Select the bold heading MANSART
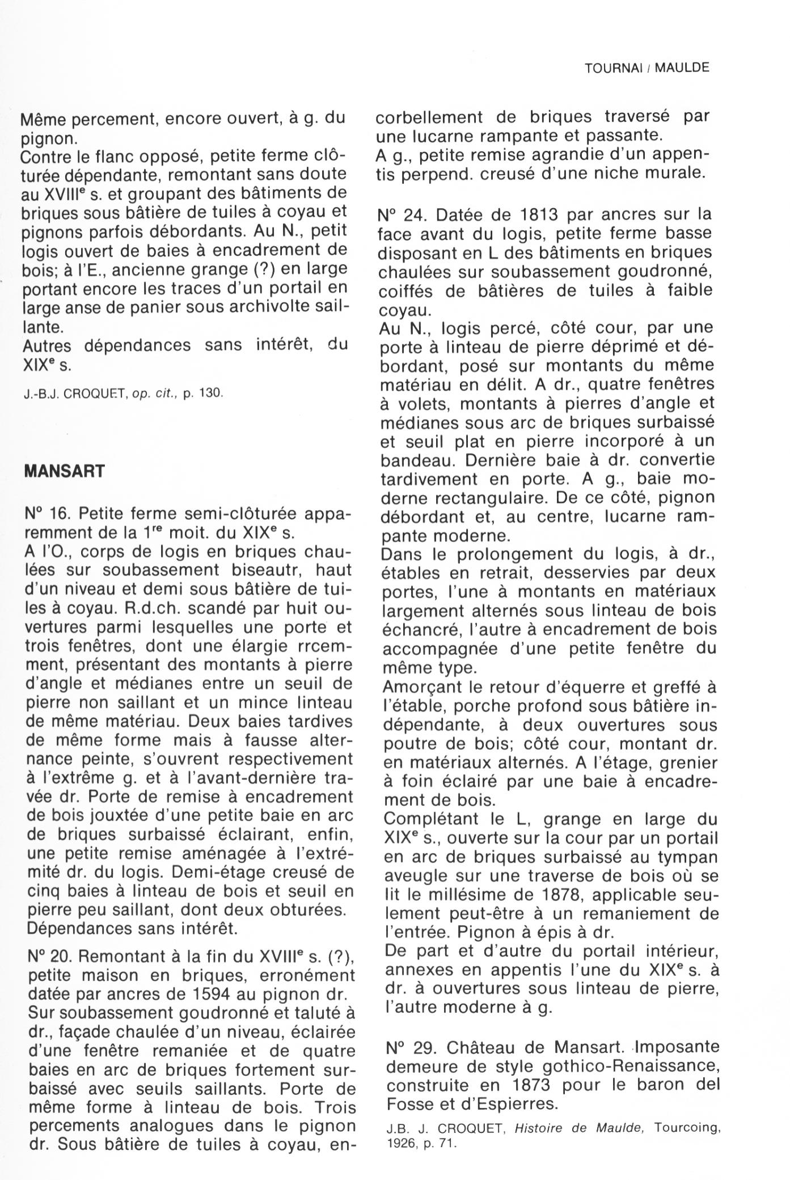(65, 471)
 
